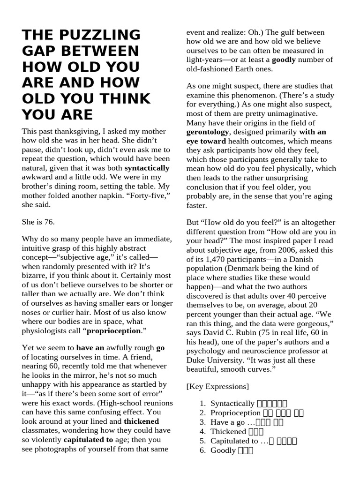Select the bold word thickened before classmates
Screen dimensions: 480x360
141,421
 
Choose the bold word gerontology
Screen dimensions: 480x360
209,132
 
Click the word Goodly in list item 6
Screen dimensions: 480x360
223,450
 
